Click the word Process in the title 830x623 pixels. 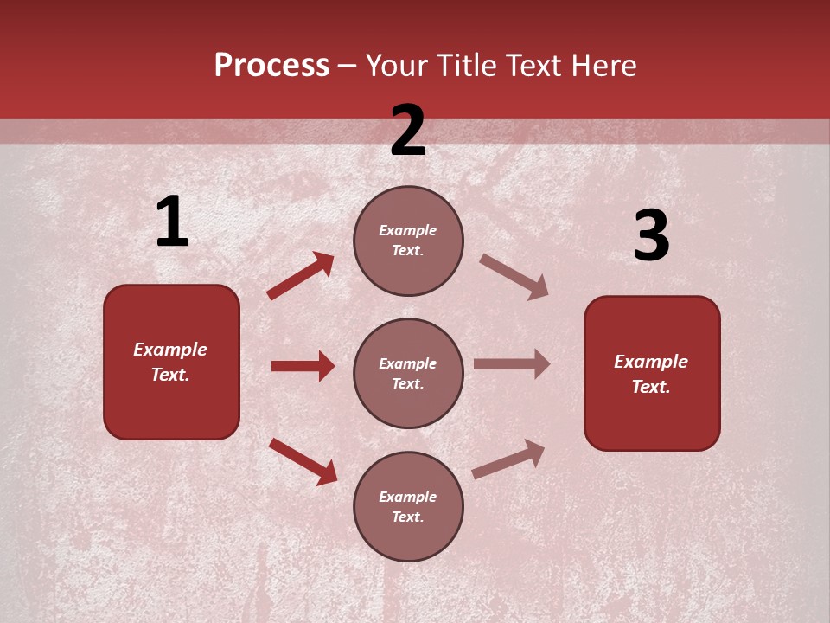[271, 66]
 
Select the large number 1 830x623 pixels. [172, 222]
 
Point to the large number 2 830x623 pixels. [408, 131]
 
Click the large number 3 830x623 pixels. [651, 236]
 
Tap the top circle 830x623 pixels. [408, 241]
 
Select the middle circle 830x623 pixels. [408, 374]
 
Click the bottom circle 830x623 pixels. [408, 507]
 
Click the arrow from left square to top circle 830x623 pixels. [301, 276]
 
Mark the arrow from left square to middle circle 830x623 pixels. [303, 366]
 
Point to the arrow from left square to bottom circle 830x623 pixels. [303, 461]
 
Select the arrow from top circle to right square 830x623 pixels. [514, 277]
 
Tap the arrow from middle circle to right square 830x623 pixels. [512, 363]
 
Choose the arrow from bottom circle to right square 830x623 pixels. [508, 459]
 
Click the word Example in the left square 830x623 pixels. [170, 350]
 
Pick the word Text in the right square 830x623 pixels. [650, 387]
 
